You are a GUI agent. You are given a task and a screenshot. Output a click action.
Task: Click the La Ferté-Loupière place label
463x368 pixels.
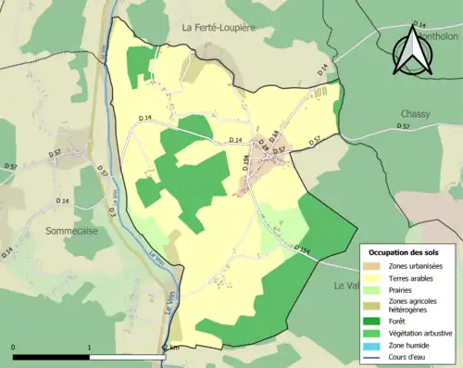[231, 28]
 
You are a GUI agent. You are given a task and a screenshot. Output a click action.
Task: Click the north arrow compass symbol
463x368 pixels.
[414, 52]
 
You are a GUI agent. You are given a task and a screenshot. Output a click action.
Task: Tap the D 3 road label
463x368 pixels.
[110, 212]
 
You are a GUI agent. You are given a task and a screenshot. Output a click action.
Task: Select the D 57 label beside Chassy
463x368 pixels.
[404, 125]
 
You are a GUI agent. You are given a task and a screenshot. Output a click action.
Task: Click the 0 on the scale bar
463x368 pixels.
[13, 346]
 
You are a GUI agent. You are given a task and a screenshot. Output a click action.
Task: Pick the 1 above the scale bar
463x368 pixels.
[90, 346]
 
